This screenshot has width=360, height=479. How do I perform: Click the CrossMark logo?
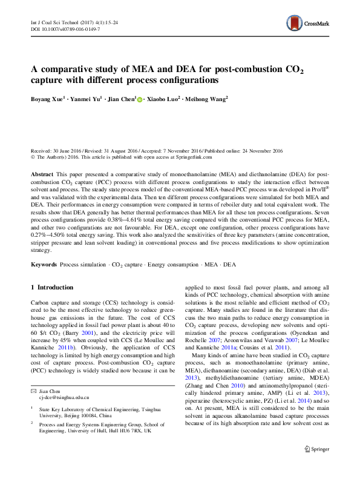pos(308,25)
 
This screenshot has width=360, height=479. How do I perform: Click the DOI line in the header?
pos(65,29)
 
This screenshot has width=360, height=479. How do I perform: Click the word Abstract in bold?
pos(42,173)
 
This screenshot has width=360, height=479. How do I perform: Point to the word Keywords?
pos(44,265)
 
